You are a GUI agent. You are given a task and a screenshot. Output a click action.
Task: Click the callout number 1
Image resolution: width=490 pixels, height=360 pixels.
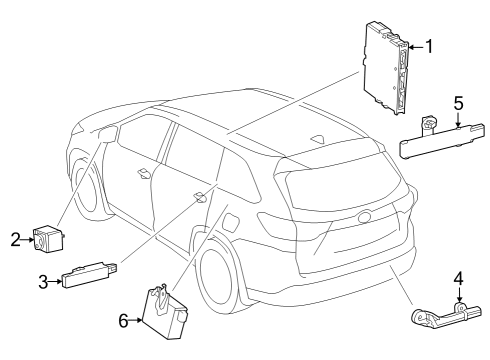[429, 45]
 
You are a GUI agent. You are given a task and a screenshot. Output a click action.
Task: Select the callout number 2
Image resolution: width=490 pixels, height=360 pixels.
[16, 238]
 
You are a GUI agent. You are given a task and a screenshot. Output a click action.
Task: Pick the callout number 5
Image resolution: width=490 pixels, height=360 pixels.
[458, 103]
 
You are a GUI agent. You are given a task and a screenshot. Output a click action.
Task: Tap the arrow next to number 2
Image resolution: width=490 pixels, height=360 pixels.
[28, 238]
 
